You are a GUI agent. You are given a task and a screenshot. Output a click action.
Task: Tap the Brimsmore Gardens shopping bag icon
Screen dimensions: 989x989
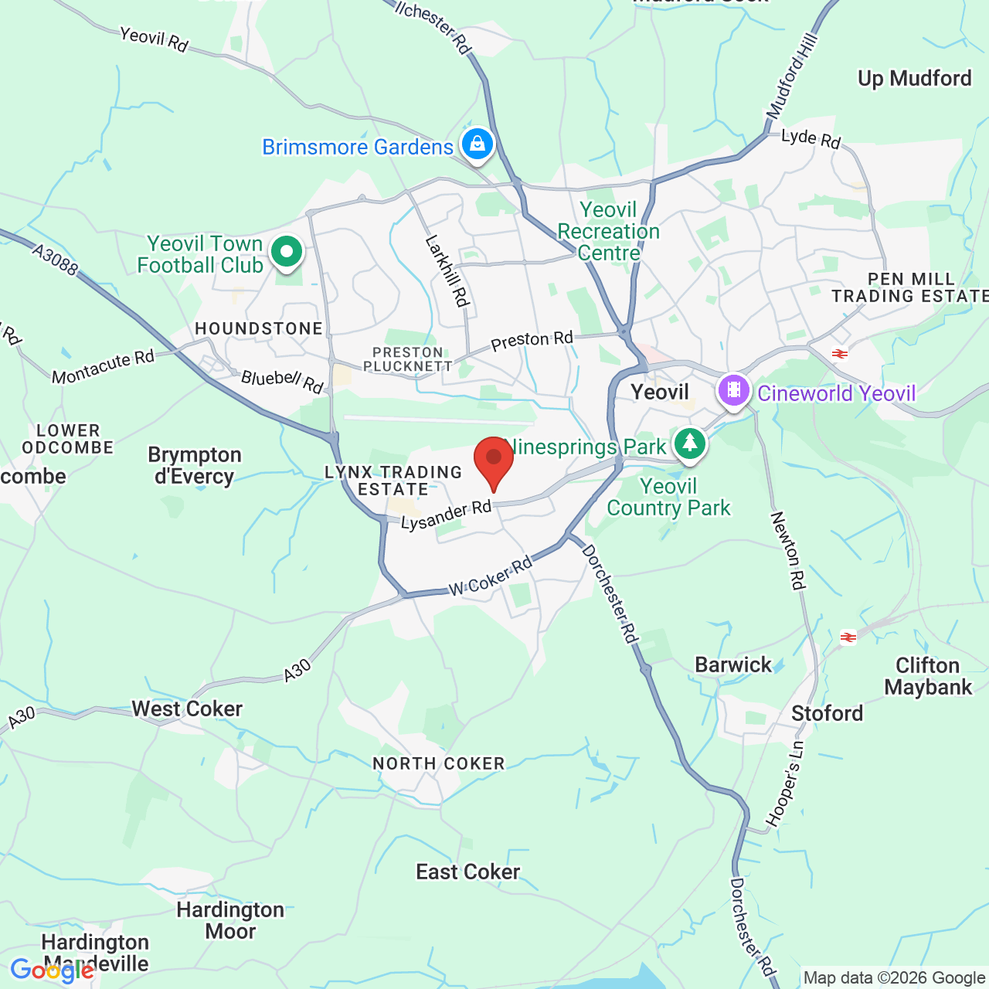click(478, 144)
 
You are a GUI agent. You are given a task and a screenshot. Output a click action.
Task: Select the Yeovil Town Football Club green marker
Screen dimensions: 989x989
click(287, 252)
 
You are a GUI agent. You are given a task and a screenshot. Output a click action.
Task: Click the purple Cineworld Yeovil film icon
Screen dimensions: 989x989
click(734, 390)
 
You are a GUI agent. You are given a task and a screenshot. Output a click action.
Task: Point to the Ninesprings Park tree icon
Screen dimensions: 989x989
click(689, 444)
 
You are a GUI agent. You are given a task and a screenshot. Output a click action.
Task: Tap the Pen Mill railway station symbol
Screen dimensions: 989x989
click(840, 354)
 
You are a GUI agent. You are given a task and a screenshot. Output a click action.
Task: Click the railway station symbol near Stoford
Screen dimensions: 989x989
click(848, 637)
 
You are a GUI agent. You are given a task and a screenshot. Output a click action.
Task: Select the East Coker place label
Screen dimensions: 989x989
click(467, 872)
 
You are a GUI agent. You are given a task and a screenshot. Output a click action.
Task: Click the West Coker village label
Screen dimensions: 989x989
click(187, 709)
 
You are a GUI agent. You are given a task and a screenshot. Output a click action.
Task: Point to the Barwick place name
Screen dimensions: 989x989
click(733, 664)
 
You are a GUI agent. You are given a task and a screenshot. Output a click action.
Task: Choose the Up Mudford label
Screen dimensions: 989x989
click(914, 79)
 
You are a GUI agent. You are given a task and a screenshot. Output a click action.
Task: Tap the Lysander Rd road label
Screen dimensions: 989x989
click(446, 515)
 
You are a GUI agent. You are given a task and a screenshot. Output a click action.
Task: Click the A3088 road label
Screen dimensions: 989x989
click(55, 260)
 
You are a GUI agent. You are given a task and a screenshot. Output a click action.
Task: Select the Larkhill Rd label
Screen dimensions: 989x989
click(447, 271)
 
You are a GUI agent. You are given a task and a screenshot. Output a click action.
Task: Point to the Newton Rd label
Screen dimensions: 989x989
click(788, 550)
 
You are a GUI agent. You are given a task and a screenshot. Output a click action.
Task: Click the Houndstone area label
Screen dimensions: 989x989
click(259, 328)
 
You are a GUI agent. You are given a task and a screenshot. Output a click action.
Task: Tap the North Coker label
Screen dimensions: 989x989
click(438, 763)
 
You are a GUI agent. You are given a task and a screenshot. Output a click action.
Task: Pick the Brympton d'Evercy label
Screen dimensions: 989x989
click(195, 465)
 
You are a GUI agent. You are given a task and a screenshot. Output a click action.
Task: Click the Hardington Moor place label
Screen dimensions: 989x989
click(230, 920)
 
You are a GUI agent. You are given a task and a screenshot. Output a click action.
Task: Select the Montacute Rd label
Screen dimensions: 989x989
click(103, 367)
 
